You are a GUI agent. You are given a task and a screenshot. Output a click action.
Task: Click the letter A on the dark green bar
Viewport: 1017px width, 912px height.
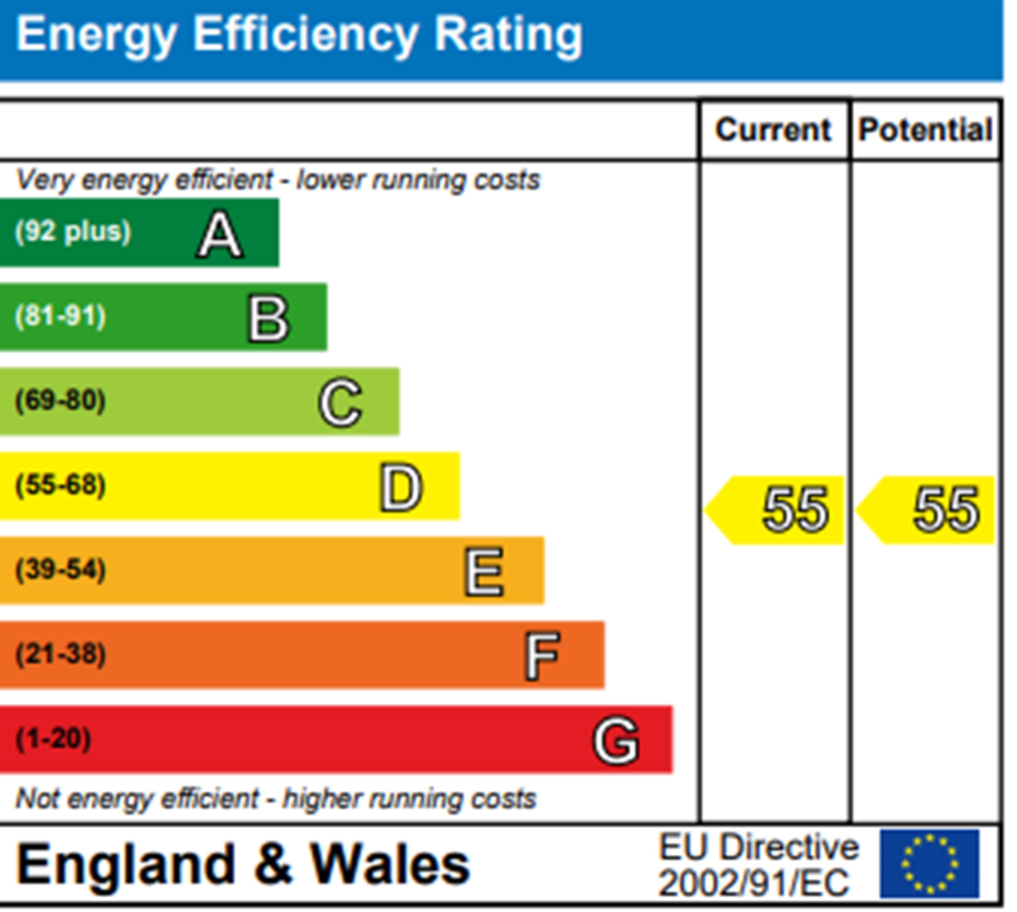(220, 235)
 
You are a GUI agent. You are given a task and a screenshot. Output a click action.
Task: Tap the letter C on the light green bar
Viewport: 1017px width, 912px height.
(340, 403)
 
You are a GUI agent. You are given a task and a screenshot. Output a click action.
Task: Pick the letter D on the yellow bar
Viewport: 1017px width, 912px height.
(400, 487)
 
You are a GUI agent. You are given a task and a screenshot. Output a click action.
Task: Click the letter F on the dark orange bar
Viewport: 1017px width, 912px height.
(542, 656)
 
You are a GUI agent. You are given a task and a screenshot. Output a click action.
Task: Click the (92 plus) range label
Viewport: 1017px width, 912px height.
(73, 232)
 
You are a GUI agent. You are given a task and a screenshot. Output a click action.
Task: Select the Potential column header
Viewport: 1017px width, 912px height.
(925, 130)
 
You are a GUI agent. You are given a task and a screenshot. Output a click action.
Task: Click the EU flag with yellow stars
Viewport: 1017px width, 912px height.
(929, 864)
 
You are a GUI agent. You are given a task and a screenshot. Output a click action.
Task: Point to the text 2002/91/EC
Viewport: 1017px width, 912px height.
(754, 883)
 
